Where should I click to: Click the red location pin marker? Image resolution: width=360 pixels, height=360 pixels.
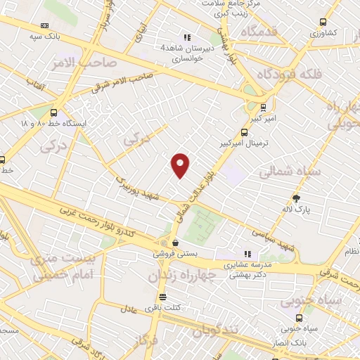pyautogui.click(x=181, y=165)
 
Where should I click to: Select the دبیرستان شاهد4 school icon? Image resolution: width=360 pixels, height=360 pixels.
pyautogui.click(x=187, y=37)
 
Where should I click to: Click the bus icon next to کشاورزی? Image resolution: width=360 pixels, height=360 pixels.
pyautogui.click(x=322, y=22)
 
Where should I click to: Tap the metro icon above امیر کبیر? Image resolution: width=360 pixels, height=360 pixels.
pyautogui.click(x=263, y=108)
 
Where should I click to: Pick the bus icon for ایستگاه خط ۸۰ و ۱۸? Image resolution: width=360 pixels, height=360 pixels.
pyautogui.click(x=54, y=112)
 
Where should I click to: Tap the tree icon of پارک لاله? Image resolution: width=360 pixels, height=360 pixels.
pyautogui.click(x=297, y=198)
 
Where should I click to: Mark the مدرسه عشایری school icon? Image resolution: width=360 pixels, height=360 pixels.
pyautogui.click(x=247, y=254)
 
